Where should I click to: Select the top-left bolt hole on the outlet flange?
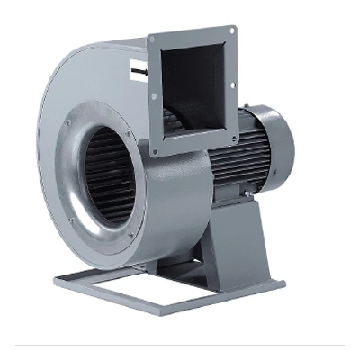(x=154, y=39)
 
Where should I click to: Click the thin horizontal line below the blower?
(x=180, y=344)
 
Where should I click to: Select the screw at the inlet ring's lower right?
(x=132, y=236)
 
